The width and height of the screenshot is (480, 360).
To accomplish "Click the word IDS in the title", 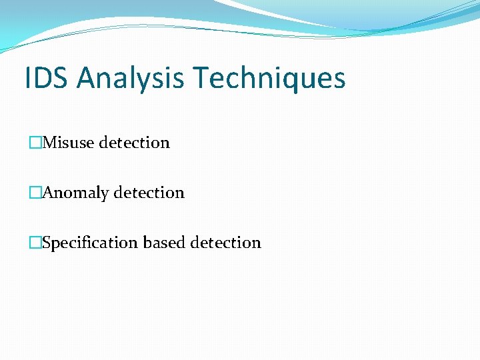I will pos(46,77).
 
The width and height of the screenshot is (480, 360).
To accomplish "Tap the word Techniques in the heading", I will pos(270,77).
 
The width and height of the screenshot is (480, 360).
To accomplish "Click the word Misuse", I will pos(69,143).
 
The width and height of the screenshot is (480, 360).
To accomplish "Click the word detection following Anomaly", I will pos(149,193).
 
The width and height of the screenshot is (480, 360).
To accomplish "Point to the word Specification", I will pos(91,243).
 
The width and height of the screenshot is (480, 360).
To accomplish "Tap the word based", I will pos(165,243).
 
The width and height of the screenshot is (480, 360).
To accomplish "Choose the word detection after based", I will pos(226,243).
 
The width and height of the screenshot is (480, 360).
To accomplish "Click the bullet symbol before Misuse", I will pos(35,143).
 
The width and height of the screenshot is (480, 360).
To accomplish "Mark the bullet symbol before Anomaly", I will pos(35,193).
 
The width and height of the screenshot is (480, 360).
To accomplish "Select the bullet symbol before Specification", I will pos(35,243).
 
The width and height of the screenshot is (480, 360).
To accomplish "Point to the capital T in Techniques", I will pos(200,77).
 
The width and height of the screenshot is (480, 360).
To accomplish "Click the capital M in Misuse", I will pos(49,143).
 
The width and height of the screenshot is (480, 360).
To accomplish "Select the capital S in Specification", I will pos(47,243).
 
